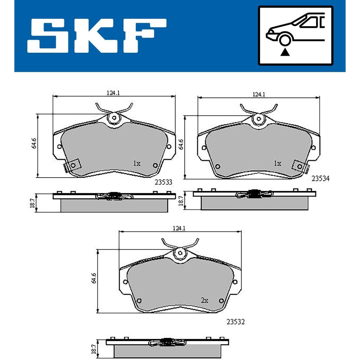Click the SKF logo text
click(x=97, y=36)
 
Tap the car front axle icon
click(x=296, y=36)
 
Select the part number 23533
click(x=163, y=182)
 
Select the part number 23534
click(x=320, y=179)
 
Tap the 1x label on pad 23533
click(x=137, y=164)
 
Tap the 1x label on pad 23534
click(x=278, y=164)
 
